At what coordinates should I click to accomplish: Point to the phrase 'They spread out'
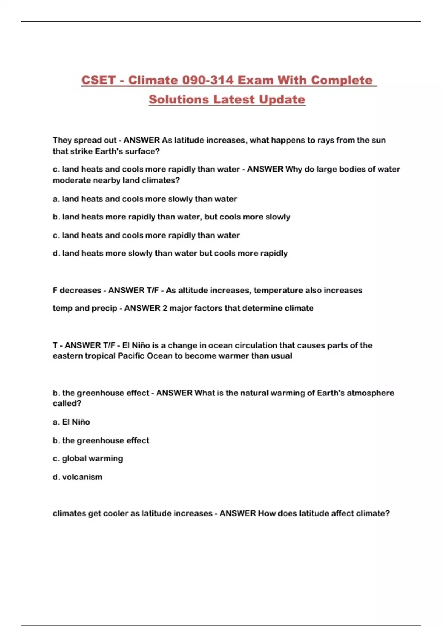[84, 140]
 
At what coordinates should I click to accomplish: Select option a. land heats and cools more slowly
[145, 199]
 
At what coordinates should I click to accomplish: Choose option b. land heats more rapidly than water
[171, 217]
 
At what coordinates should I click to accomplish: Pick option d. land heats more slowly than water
[170, 253]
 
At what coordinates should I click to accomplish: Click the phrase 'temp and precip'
[85, 308]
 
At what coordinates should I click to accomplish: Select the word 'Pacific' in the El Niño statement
[131, 356]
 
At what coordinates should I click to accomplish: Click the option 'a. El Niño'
[71, 422]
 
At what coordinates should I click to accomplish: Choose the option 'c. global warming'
[88, 458]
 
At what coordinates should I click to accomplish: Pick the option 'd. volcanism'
[77, 477]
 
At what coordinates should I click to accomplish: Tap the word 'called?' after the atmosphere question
[67, 404]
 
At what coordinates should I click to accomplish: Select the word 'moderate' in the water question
[71, 180]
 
